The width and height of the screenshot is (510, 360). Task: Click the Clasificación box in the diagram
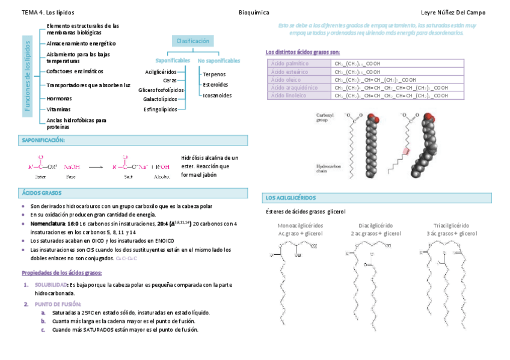point(192,41)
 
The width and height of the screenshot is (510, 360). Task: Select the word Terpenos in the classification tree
point(214,74)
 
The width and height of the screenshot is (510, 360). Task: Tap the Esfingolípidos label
point(161,109)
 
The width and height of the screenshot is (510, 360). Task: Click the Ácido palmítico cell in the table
point(290,63)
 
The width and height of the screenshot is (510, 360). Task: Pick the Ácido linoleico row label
point(290,96)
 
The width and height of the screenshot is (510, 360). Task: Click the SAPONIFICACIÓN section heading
point(43,140)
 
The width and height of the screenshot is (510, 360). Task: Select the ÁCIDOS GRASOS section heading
point(42,193)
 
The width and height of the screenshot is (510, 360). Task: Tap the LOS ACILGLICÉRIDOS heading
point(290,198)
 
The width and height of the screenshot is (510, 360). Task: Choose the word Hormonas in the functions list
point(59,98)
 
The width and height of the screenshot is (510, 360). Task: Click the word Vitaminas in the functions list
point(58,109)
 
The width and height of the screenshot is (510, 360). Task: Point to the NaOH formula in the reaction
point(72,167)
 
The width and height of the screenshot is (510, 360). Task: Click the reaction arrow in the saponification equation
point(96,167)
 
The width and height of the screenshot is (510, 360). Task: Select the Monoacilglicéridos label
point(300,225)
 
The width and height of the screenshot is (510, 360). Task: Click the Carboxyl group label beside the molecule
point(326,117)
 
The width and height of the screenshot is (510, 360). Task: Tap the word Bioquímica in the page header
point(254,12)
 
